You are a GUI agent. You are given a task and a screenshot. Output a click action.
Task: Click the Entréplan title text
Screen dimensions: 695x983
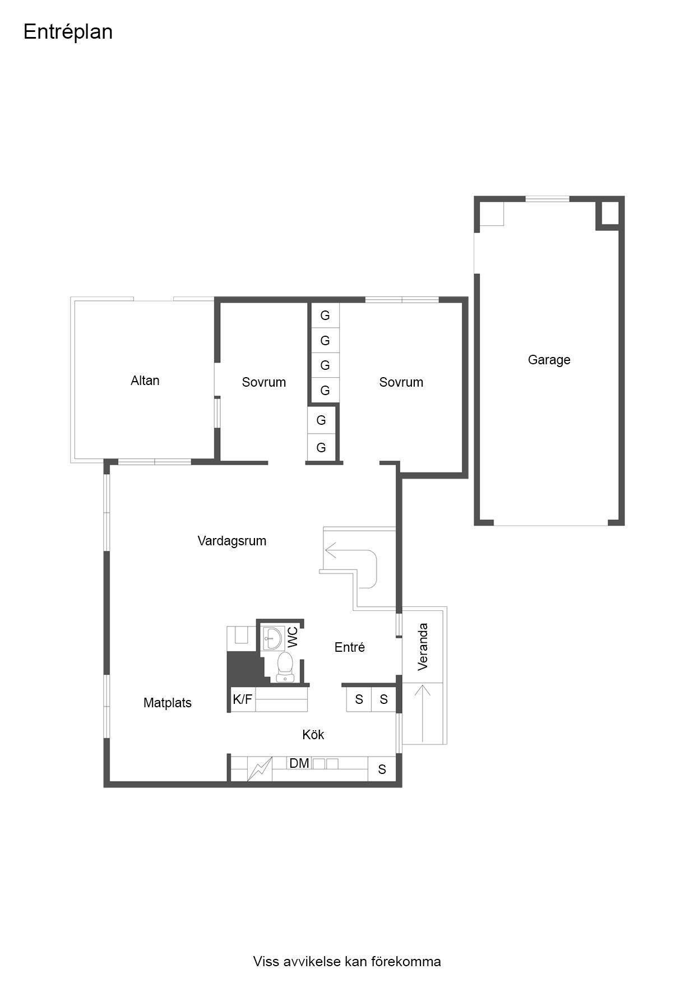(x=68, y=33)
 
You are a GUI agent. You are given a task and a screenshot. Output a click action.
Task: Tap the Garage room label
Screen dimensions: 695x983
(x=549, y=360)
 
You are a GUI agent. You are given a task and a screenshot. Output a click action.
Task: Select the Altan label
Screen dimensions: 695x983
(x=145, y=381)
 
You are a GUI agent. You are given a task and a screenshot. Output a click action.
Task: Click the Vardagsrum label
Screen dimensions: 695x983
(x=231, y=541)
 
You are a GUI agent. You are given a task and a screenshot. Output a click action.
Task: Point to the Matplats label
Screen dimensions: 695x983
(x=167, y=703)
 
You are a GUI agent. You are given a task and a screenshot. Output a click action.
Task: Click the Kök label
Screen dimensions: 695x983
(x=313, y=735)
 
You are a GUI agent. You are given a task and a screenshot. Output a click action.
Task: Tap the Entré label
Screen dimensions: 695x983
(x=350, y=647)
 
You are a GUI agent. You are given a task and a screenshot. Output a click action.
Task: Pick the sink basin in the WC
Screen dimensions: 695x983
(x=273, y=637)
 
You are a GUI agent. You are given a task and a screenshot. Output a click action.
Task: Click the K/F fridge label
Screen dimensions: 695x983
(x=243, y=699)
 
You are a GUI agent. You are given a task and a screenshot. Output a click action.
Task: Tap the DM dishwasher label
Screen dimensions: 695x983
(x=299, y=763)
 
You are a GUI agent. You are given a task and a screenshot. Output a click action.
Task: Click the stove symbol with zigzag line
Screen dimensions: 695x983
(x=260, y=768)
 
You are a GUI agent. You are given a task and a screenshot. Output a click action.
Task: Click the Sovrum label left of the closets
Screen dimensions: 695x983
(x=264, y=382)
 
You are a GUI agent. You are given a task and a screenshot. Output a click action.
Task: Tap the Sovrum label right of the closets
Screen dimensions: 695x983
(x=401, y=382)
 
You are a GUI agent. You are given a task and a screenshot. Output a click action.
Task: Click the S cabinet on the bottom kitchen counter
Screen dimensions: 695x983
(x=382, y=769)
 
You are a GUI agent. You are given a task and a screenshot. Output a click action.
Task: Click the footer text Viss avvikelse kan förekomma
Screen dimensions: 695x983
(x=347, y=962)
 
